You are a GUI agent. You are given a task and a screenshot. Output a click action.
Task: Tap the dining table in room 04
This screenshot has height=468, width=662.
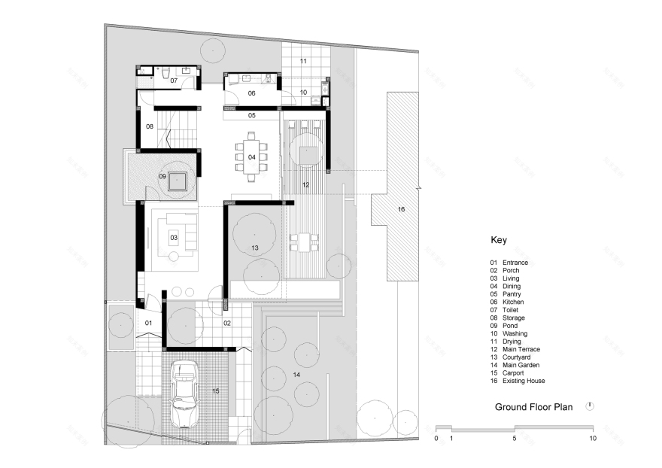[251, 157]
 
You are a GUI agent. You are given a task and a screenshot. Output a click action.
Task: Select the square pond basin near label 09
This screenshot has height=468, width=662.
[178, 181]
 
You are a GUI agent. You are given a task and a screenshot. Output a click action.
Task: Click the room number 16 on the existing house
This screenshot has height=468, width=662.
[400, 208]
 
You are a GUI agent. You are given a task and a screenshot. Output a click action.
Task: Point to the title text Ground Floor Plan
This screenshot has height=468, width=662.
[533, 407]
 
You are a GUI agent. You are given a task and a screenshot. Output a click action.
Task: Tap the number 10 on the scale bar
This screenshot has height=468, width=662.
[593, 437]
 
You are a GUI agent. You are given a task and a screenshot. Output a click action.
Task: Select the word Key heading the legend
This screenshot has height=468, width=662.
[499, 241]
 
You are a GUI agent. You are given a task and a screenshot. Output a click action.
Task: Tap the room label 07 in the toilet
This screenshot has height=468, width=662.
[173, 80]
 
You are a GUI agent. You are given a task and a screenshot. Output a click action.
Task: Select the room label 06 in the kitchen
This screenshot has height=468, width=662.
[251, 93]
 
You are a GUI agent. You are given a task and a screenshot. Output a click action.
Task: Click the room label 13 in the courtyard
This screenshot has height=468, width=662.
[254, 247]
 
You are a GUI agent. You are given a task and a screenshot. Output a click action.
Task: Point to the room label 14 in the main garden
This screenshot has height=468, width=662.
[296, 373]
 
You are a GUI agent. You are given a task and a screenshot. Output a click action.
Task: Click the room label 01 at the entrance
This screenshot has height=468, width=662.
[148, 324]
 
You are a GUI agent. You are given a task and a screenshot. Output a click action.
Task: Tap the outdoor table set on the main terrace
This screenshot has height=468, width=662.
[304, 242]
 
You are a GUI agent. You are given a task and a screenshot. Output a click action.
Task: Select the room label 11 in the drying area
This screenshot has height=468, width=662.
[303, 60]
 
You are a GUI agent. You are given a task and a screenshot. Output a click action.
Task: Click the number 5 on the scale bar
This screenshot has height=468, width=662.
[515, 437]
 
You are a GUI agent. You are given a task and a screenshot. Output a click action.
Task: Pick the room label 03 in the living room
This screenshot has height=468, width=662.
[173, 238]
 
